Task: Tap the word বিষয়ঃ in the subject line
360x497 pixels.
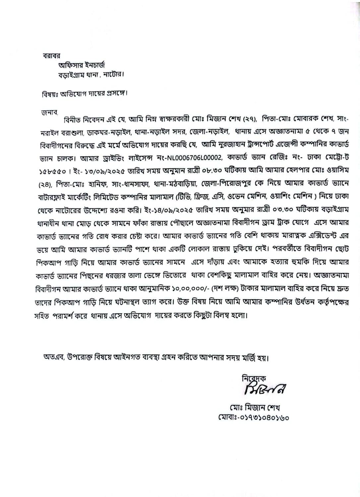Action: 48,93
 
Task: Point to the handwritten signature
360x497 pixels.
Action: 262,389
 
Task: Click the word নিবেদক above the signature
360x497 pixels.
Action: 257,378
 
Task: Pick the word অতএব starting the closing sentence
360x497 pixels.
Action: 54,358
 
